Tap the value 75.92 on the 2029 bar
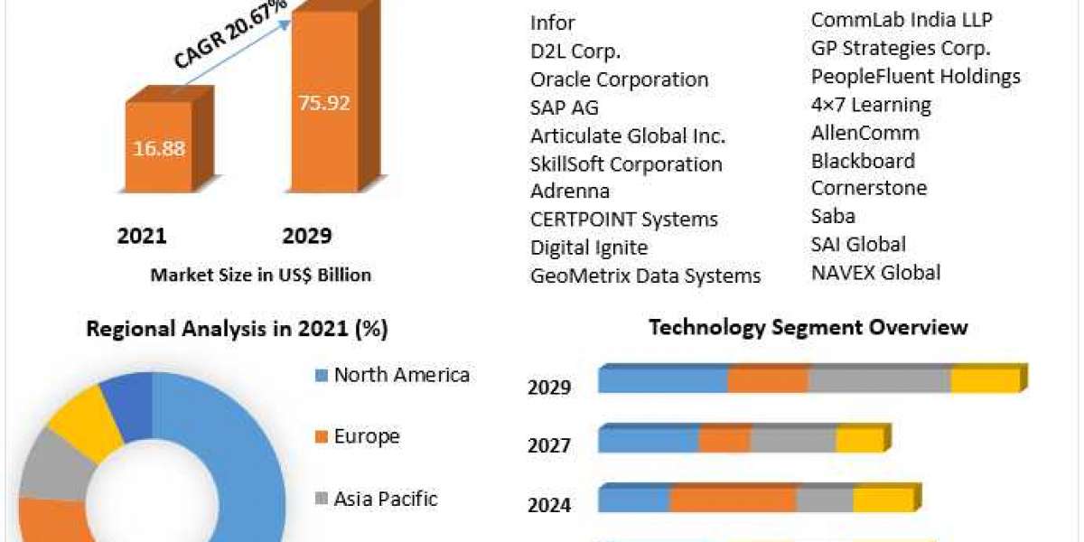(x=323, y=102)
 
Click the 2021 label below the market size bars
(x=142, y=236)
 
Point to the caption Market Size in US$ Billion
(x=260, y=275)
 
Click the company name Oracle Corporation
(x=619, y=79)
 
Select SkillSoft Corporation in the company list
(x=626, y=164)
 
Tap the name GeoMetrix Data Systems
(x=645, y=276)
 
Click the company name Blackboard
(x=862, y=161)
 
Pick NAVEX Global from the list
(x=875, y=272)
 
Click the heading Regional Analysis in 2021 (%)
(x=237, y=330)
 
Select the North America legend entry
(x=401, y=375)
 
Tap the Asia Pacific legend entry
(x=385, y=498)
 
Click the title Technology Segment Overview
(x=808, y=327)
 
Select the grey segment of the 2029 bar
(x=879, y=381)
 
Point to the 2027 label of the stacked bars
(x=549, y=445)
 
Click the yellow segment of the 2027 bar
(x=859, y=441)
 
